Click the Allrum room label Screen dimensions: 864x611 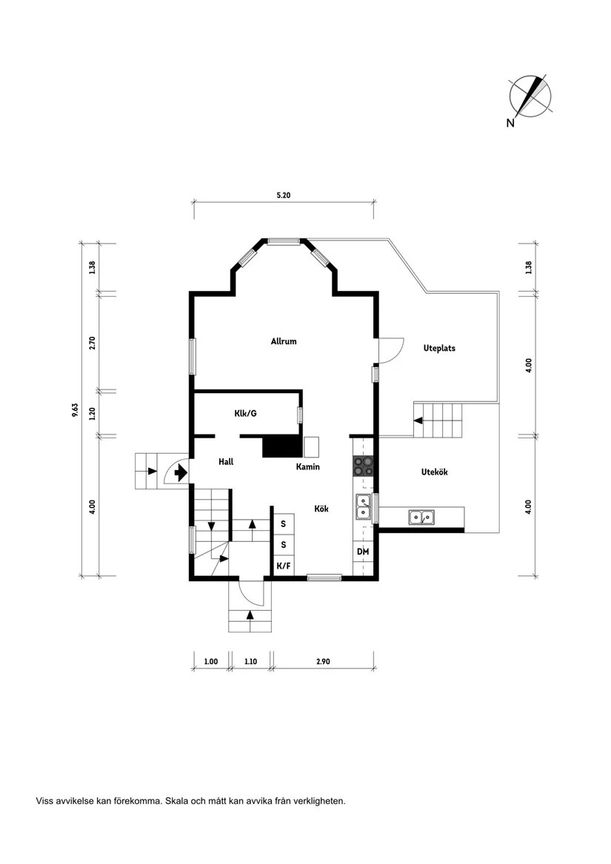(x=284, y=341)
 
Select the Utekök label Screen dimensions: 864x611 (x=434, y=472)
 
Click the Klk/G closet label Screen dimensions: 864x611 (x=245, y=413)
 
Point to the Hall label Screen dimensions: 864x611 (x=226, y=461)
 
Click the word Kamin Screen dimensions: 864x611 (x=307, y=467)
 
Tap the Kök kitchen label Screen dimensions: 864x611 (x=321, y=509)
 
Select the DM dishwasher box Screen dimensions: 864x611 (x=363, y=552)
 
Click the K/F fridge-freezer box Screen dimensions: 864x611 (x=283, y=566)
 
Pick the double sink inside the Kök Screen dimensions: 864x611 (x=363, y=506)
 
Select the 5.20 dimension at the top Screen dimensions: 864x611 (x=283, y=195)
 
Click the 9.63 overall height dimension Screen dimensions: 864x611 (x=75, y=409)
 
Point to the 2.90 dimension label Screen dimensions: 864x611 (x=322, y=661)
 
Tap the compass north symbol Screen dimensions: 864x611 (x=530, y=97)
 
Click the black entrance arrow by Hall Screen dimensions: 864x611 (x=180, y=472)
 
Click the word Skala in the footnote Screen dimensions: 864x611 (x=178, y=801)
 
